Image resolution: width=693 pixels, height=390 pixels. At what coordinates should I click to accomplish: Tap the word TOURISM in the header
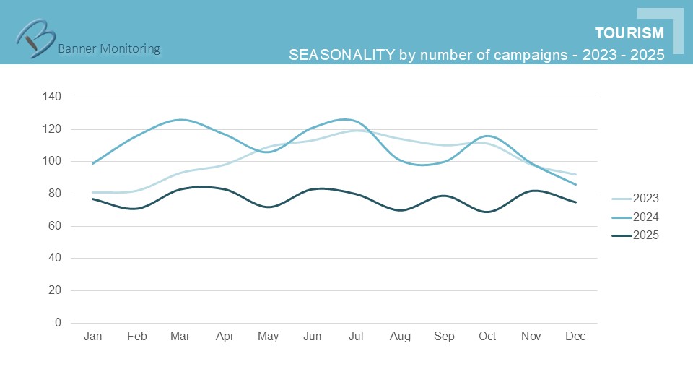(x=629, y=33)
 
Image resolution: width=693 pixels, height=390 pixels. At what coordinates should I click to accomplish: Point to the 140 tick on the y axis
(x=52, y=97)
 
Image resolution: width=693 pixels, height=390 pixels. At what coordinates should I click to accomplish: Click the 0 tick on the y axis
(x=58, y=323)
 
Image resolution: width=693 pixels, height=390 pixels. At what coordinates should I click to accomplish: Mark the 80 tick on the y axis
(x=55, y=194)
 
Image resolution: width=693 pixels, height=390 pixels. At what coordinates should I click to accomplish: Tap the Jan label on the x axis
(x=92, y=337)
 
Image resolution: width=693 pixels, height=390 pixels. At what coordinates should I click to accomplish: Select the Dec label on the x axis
(x=575, y=337)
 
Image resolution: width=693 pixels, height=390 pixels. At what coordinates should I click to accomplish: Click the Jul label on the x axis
(x=356, y=337)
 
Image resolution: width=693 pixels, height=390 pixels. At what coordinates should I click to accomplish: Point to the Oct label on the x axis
(x=487, y=337)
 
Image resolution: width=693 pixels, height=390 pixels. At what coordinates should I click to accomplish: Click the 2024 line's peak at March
(x=180, y=120)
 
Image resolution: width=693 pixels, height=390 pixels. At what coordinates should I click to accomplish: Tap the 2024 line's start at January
(x=92, y=163)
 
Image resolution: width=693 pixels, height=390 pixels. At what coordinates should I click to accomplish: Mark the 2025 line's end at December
(x=575, y=202)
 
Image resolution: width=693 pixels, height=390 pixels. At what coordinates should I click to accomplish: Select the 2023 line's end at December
(x=575, y=174)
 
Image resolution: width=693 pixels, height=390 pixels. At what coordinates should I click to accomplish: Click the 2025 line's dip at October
(x=487, y=212)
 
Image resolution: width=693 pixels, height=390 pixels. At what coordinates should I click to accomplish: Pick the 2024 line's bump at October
(x=487, y=136)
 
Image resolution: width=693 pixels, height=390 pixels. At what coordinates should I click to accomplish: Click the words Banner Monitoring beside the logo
(x=108, y=49)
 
